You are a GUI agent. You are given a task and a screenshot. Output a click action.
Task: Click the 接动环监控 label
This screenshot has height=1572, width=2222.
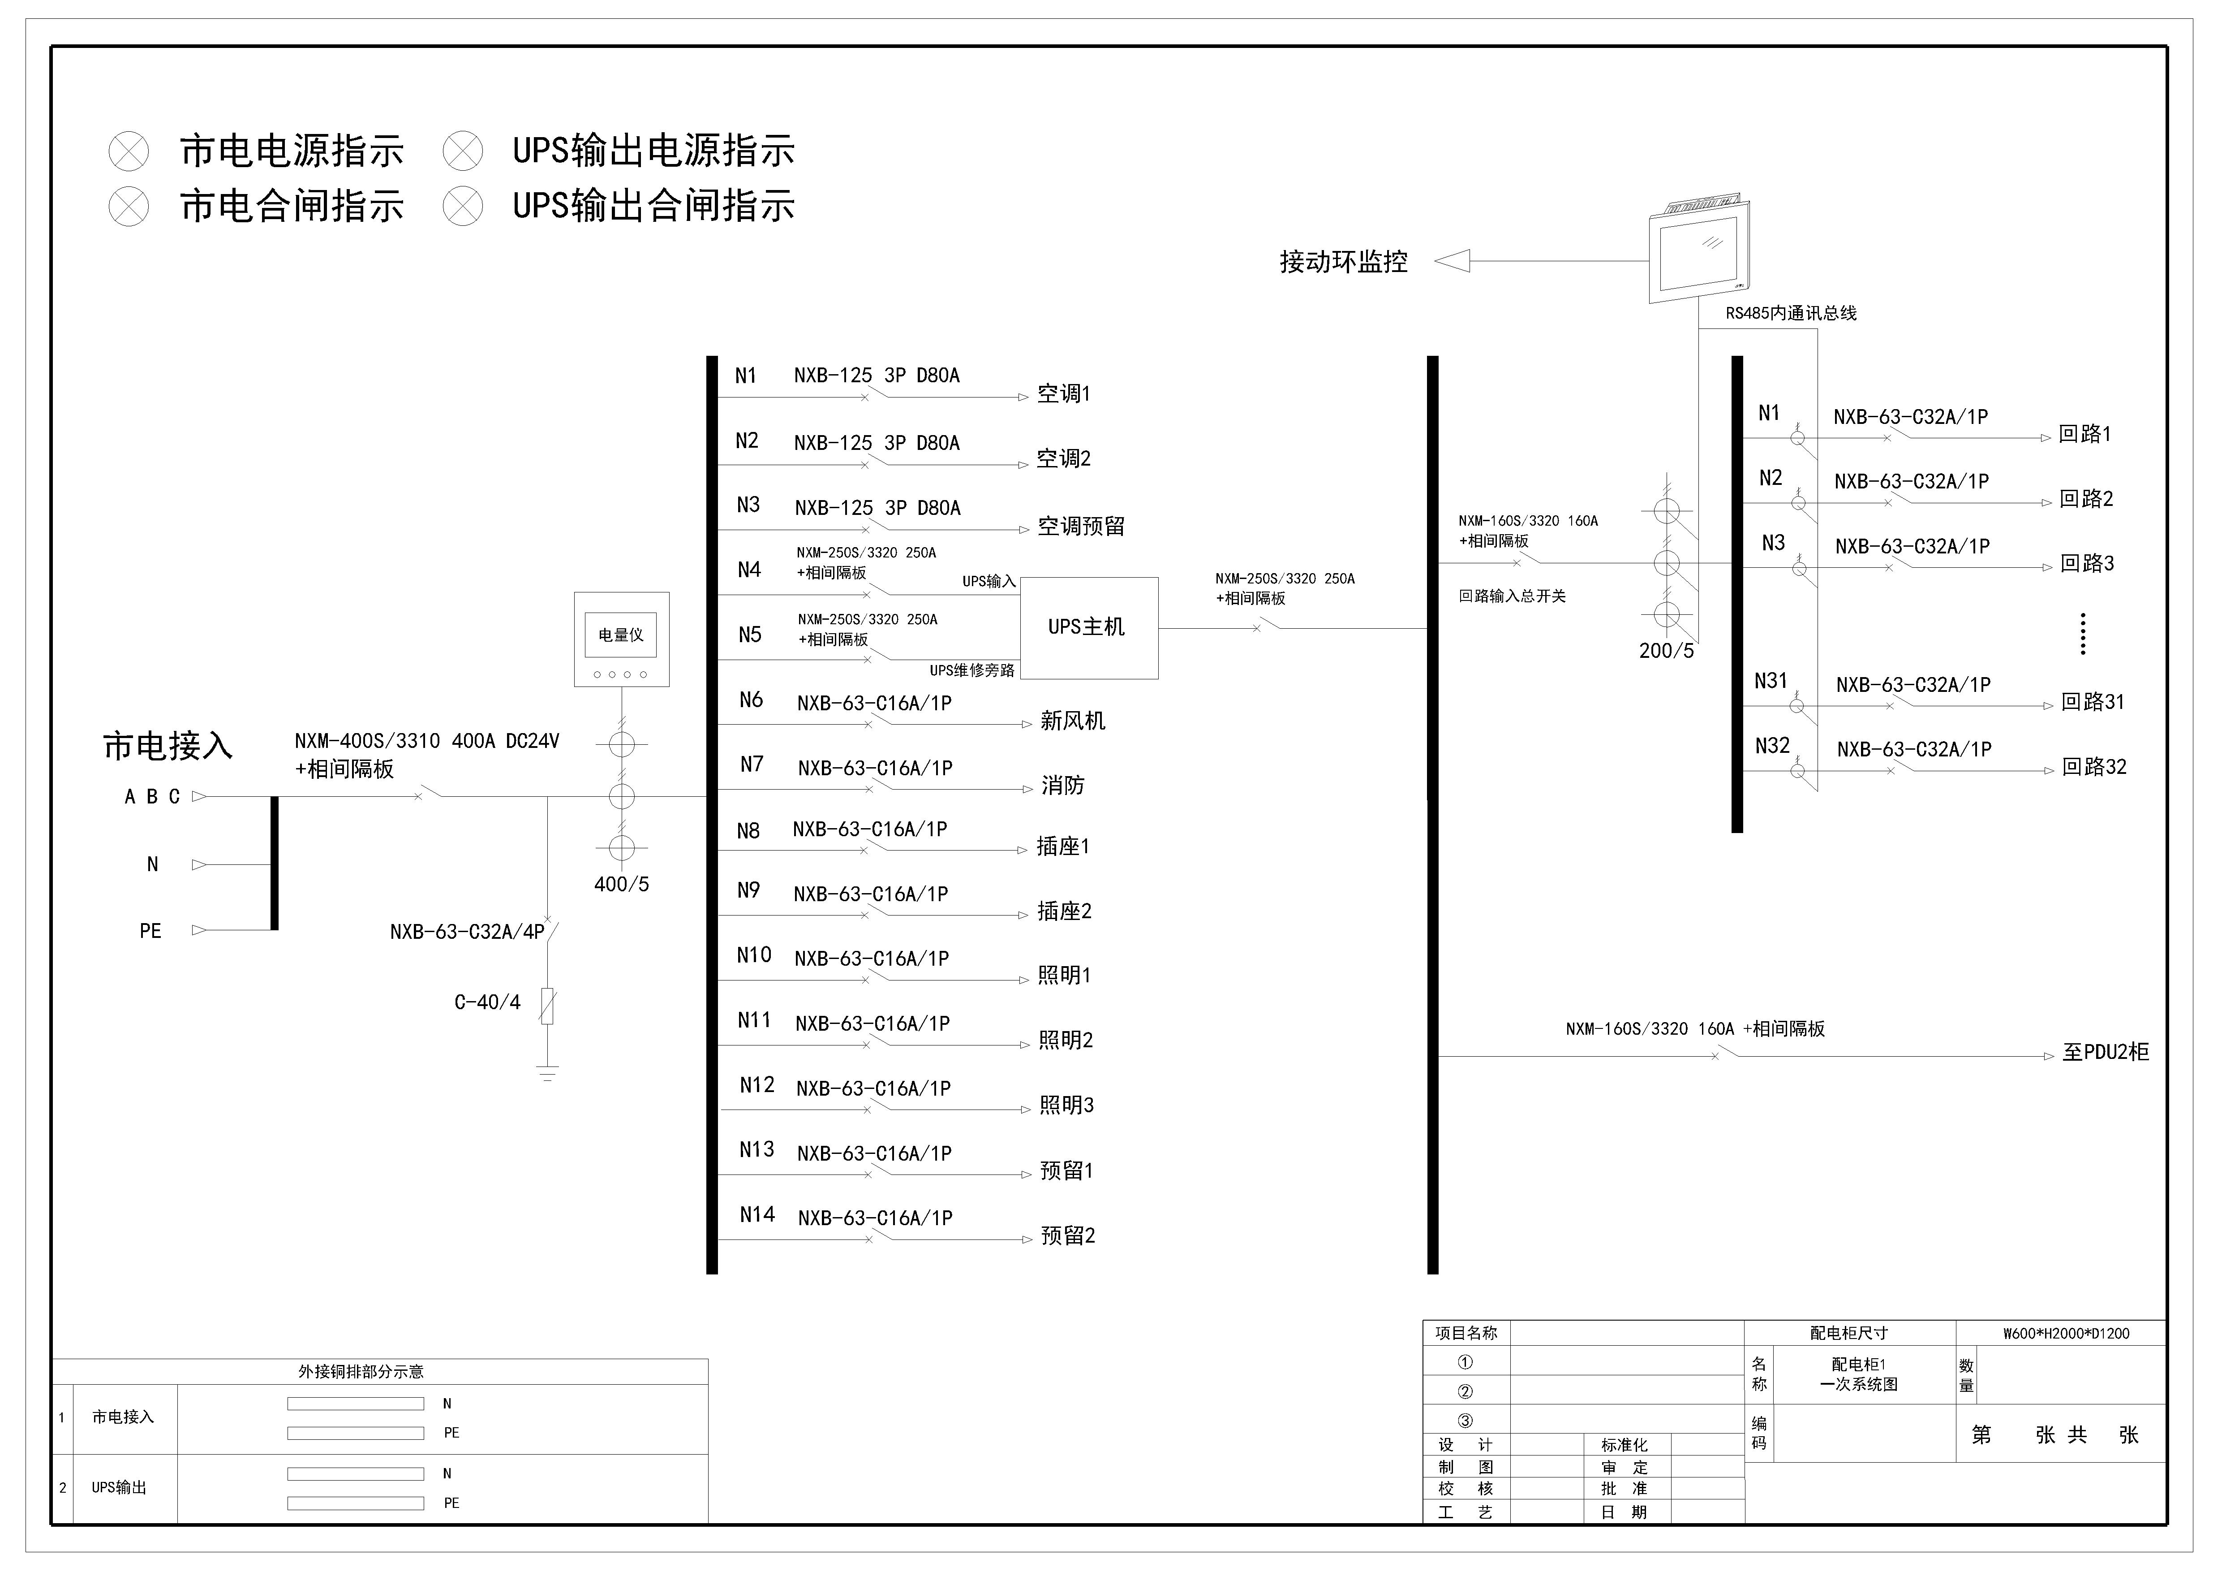pyautogui.click(x=1343, y=261)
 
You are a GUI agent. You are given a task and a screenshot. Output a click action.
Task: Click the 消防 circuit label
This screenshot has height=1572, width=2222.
pyautogui.click(x=1062, y=785)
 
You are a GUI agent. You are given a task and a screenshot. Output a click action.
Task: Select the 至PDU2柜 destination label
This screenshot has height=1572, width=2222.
pyautogui.click(x=2106, y=1052)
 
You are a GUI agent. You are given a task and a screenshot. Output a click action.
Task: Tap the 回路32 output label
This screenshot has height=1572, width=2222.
pyautogui.click(x=2094, y=767)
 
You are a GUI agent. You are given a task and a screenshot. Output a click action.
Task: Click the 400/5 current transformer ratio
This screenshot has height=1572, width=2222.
pyautogui.click(x=621, y=884)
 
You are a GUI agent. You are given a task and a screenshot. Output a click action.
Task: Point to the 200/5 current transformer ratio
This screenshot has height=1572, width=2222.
pyautogui.click(x=1667, y=651)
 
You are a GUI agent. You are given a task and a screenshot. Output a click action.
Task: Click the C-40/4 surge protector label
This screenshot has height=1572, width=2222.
pyautogui.click(x=487, y=1002)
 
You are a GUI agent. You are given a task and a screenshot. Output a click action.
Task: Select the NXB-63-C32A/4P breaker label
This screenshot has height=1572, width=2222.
pyautogui.click(x=468, y=931)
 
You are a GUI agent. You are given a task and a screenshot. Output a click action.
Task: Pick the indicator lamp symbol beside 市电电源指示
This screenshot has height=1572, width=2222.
pyautogui.click(x=129, y=151)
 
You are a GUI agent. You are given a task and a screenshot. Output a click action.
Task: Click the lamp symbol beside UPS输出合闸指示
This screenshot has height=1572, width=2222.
pyautogui.click(x=463, y=206)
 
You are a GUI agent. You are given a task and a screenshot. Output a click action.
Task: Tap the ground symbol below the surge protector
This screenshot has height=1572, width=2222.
pyautogui.click(x=548, y=1071)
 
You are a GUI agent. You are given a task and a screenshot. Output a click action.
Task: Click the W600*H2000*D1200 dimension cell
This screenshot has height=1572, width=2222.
pyautogui.click(x=2066, y=1333)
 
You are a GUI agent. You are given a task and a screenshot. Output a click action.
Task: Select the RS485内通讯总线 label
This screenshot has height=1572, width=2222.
pyautogui.click(x=1791, y=313)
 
